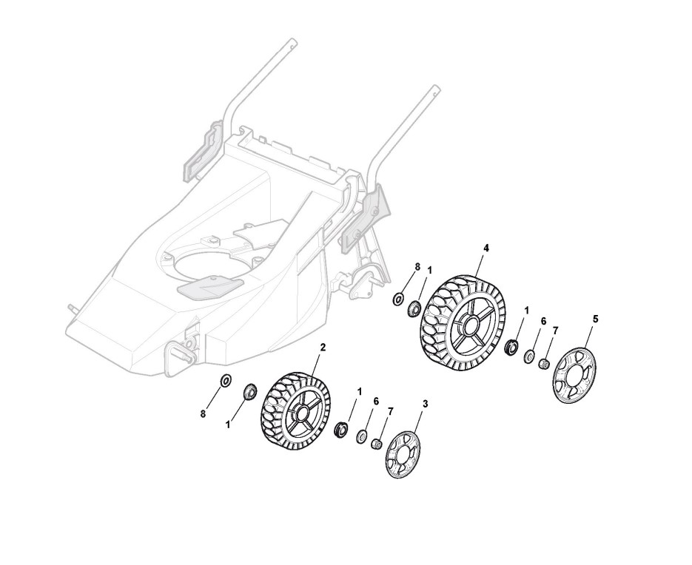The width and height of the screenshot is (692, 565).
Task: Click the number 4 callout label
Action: (x=486, y=247)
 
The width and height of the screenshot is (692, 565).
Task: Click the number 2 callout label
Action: (x=323, y=346)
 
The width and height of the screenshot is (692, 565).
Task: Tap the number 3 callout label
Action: (x=425, y=403)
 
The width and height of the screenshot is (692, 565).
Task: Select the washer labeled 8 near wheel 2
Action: (x=226, y=380)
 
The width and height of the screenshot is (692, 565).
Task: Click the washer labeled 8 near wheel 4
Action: (x=398, y=298)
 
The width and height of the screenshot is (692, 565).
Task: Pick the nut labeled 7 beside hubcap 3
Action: (x=376, y=444)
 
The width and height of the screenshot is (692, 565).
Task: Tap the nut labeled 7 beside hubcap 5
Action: (x=544, y=363)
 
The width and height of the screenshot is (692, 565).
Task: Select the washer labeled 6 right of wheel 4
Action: (x=528, y=356)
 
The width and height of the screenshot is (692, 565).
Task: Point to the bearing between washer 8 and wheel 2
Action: (x=249, y=390)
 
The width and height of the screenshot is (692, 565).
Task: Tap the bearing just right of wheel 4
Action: (x=510, y=346)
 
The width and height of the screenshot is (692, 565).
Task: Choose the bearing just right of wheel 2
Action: (x=342, y=428)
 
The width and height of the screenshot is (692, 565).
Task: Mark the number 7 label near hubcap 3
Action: (x=391, y=410)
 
